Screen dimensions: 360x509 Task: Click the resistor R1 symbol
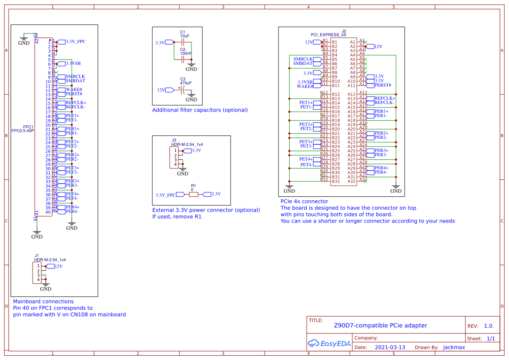[x=194, y=194]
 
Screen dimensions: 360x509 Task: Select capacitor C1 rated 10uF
[x=183, y=42]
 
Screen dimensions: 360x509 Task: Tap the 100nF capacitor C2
[x=183, y=57]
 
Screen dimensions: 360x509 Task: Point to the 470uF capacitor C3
[x=184, y=90]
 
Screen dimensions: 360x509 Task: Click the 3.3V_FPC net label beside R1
[x=165, y=195]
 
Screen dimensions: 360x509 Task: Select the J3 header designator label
[x=174, y=140]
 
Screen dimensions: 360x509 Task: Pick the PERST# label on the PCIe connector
[x=382, y=85]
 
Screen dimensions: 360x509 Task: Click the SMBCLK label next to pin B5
[x=303, y=59]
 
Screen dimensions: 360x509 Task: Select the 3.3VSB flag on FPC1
[x=73, y=64]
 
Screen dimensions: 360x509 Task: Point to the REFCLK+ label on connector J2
[x=385, y=98]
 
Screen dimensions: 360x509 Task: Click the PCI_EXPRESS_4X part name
[x=328, y=34]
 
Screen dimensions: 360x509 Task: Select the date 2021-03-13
[x=390, y=347]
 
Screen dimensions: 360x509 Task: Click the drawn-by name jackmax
[x=454, y=347]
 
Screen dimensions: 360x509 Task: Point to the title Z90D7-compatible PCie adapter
[x=380, y=326]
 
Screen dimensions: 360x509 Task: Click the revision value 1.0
[x=488, y=326]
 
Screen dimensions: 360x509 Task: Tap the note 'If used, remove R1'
[x=177, y=216]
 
